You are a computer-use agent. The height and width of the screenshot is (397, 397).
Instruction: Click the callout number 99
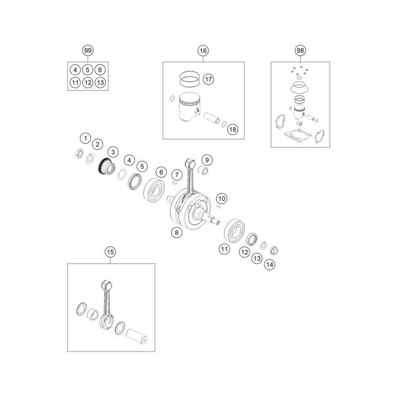click(x=88, y=51)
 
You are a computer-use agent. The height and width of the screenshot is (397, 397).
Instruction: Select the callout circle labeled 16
click(x=203, y=51)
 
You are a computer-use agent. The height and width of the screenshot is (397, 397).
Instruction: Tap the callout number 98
click(x=300, y=51)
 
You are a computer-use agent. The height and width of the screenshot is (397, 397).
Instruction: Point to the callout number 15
click(x=110, y=252)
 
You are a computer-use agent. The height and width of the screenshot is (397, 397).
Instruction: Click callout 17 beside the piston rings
click(x=208, y=79)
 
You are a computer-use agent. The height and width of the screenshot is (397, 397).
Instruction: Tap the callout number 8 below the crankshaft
click(x=176, y=232)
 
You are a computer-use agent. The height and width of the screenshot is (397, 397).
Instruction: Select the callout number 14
click(x=269, y=264)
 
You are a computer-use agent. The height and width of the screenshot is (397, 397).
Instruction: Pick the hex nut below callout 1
click(x=79, y=154)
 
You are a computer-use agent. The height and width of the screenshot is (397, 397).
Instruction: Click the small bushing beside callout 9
click(x=204, y=170)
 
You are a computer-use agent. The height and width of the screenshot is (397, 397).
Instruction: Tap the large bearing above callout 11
click(x=233, y=229)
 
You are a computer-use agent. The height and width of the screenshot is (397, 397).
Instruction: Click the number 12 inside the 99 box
click(x=88, y=83)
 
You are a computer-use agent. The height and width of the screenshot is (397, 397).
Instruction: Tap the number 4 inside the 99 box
click(x=75, y=70)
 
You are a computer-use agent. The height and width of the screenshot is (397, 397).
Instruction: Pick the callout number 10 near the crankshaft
click(x=221, y=199)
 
